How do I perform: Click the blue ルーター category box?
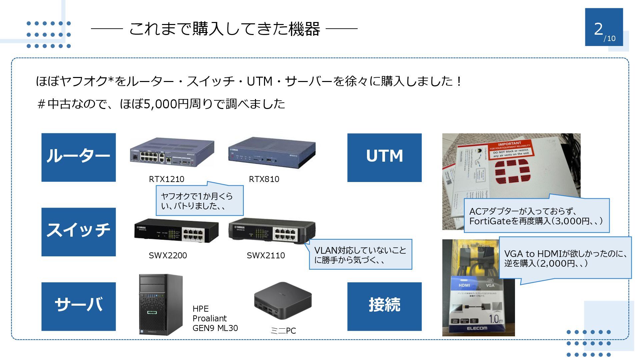(78, 157)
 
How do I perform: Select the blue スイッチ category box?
(78, 232)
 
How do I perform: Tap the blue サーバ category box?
(78, 306)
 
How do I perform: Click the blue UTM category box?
(384, 158)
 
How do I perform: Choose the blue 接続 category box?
(384, 306)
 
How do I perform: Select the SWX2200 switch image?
(176, 230)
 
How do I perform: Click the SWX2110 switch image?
(272, 230)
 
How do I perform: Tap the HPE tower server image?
(161, 304)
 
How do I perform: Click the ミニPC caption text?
(283, 331)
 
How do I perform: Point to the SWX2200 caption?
(168, 255)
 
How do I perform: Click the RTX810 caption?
(264, 179)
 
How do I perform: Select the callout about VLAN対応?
(360, 255)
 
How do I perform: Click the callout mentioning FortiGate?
(536, 216)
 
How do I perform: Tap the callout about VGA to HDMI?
(565, 258)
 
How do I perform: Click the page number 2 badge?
(604, 28)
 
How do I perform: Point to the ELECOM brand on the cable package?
(477, 328)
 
